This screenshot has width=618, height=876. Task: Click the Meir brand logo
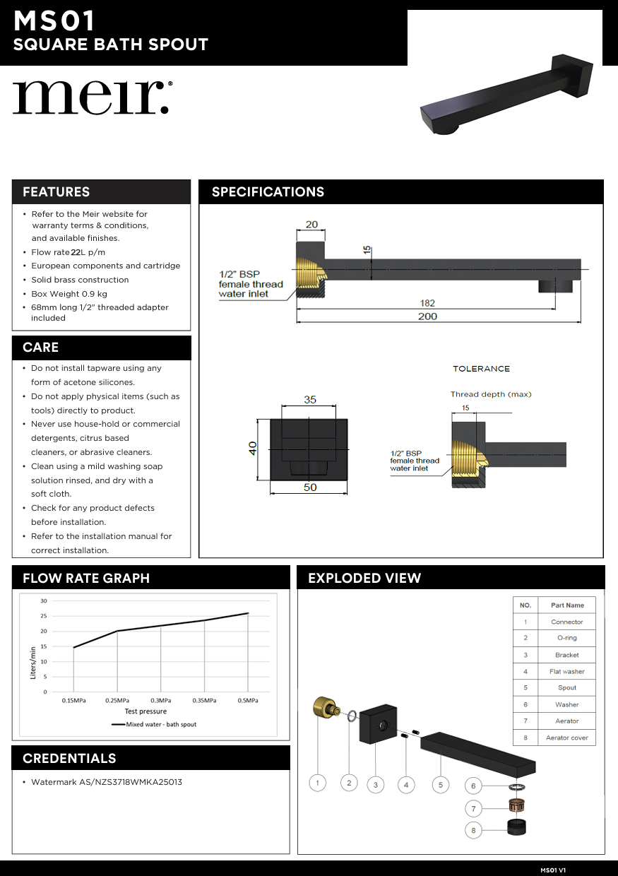click(92, 97)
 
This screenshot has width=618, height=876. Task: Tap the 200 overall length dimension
click(427, 316)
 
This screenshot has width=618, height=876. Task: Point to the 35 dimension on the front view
click(310, 399)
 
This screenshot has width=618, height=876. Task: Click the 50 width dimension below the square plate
click(310, 487)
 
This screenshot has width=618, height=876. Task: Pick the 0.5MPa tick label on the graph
click(248, 700)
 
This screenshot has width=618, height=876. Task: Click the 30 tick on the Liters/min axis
click(44, 601)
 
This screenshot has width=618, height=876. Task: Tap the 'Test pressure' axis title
click(145, 711)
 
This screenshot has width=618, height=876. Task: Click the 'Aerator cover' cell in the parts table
click(567, 738)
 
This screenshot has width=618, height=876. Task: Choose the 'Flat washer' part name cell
click(567, 672)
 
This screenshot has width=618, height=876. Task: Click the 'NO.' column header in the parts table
click(525, 605)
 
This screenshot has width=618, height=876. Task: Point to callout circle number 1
click(318, 783)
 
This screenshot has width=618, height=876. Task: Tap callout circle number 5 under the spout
click(440, 784)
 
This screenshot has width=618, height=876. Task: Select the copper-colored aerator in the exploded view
click(518, 805)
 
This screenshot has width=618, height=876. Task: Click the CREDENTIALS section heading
click(69, 758)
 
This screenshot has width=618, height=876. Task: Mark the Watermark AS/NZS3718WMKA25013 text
click(107, 782)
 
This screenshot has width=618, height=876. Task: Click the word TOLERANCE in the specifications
click(481, 369)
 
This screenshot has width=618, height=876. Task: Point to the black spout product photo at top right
click(509, 95)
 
